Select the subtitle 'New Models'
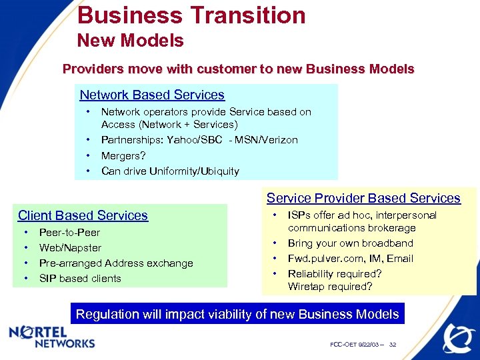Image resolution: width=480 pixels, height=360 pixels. click(x=130, y=41)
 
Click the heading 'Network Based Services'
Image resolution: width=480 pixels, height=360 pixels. click(x=152, y=95)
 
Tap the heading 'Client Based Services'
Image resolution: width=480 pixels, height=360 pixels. click(x=83, y=215)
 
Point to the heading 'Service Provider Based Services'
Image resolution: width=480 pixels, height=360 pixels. click(x=363, y=198)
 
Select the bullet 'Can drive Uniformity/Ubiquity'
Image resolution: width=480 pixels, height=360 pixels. click(x=169, y=171)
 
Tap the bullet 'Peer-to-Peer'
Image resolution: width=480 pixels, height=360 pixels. click(x=69, y=233)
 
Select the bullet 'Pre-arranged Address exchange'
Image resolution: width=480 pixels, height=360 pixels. click(x=116, y=263)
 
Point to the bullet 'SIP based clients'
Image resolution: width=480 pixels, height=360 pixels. click(x=80, y=278)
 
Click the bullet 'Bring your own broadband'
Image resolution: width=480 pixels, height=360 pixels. click(x=350, y=243)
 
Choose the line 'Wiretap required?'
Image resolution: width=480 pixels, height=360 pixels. click(x=330, y=287)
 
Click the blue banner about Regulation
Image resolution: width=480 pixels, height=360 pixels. click(x=237, y=314)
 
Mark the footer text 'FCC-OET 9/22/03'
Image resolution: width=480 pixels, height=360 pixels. click(x=355, y=345)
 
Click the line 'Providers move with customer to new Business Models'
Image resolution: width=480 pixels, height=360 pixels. click(x=238, y=69)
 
